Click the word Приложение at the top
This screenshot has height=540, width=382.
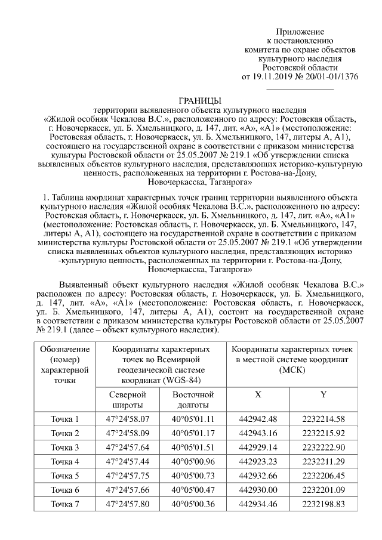(x=300, y=32)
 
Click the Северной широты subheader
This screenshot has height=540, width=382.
(x=128, y=400)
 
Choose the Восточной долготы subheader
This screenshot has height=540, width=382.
(x=193, y=400)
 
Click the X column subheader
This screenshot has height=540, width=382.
(x=258, y=395)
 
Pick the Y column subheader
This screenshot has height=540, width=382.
(x=323, y=395)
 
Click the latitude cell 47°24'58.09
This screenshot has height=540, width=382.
(x=128, y=433)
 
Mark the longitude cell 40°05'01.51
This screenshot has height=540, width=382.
(x=193, y=448)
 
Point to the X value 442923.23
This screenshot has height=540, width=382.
(x=258, y=461)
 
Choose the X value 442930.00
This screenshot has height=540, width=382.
(x=258, y=490)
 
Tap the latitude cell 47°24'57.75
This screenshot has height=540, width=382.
(x=128, y=476)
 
